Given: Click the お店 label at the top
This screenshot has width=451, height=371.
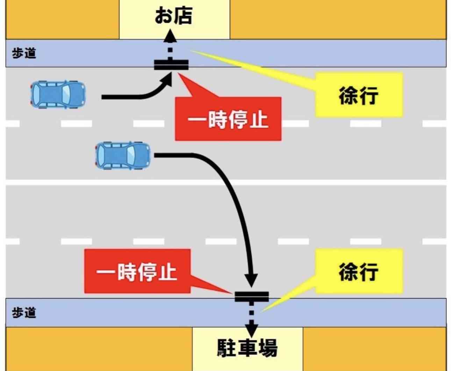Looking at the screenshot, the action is click(174, 15).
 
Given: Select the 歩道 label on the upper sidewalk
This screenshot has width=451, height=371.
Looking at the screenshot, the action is click(24, 53).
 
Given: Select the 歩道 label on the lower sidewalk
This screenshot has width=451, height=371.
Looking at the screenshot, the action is click(24, 312).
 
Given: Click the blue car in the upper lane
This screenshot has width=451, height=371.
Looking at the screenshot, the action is click(58, 94).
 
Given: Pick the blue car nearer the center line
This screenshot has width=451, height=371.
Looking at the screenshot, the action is click(123, 156).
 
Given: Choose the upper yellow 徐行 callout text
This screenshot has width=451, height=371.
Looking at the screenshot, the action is click(359, 96).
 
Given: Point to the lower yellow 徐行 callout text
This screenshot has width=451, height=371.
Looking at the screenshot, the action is click(359, 272).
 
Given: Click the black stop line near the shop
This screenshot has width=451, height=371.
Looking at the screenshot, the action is click(171, 65).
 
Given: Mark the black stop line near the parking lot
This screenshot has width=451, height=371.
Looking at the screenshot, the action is click(252, 297).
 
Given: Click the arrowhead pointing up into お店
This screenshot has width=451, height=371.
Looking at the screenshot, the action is click(170, 36).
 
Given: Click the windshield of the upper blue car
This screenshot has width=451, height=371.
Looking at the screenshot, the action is click(66, 94).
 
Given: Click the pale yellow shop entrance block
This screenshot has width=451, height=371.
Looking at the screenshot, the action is click(174, 20).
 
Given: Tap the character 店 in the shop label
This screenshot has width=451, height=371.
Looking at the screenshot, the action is click(183, 15).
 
